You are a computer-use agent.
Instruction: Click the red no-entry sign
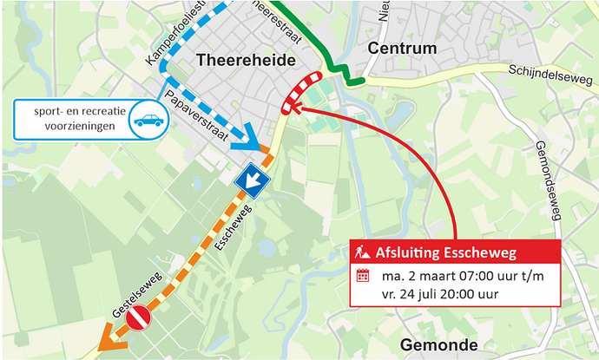click(139, 319)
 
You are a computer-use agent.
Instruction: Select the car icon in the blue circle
click(148, 121)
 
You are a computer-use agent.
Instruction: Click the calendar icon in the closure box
click(364, 278)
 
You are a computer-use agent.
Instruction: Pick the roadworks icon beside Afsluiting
click(364, 253)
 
